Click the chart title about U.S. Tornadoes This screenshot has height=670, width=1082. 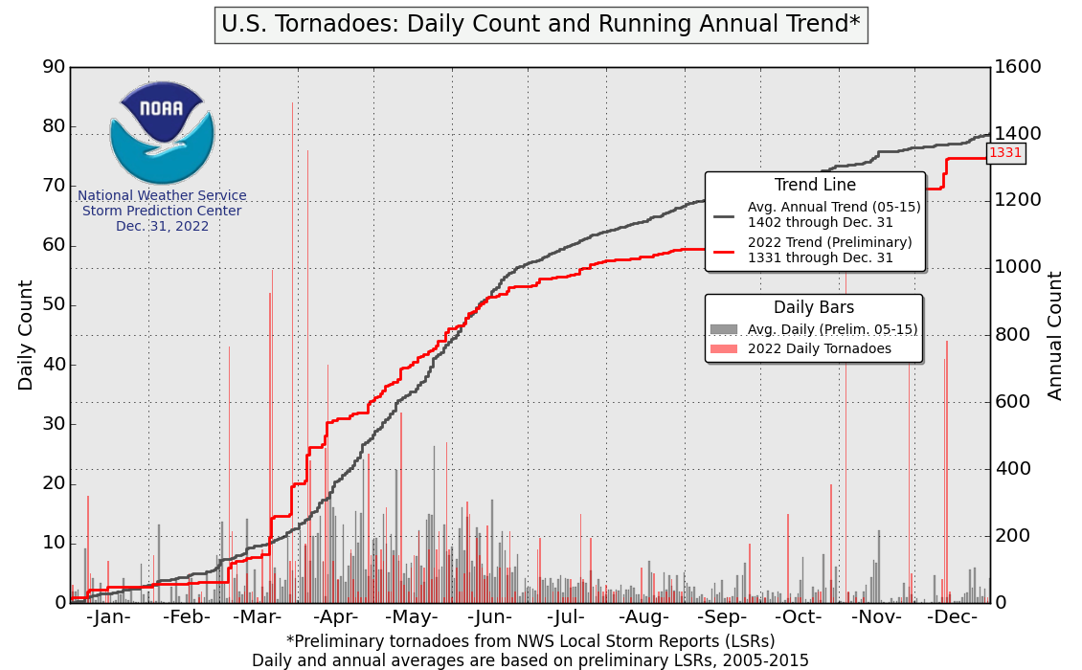point(540,24)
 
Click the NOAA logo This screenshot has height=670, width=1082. point(162,132)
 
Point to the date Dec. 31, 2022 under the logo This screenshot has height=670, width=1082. point(162,227)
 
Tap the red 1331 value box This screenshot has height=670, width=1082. point(1005,152)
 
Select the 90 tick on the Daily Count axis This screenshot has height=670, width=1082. point(54,67)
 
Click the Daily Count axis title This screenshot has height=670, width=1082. point(26,335)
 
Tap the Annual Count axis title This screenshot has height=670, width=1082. point(1055,335)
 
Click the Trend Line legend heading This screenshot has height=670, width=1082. point(815,186)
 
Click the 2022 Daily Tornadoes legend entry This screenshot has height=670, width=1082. point(819,348)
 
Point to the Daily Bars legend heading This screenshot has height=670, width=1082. point(814,308)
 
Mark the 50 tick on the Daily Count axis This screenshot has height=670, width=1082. point(54,305)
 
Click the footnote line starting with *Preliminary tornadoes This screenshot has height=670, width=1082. point(530,640)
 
